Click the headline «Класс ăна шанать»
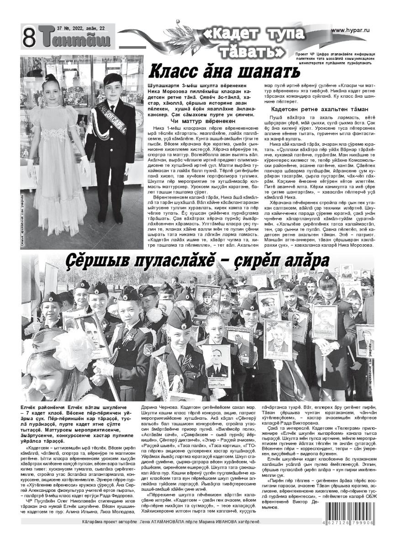point(225,73)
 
